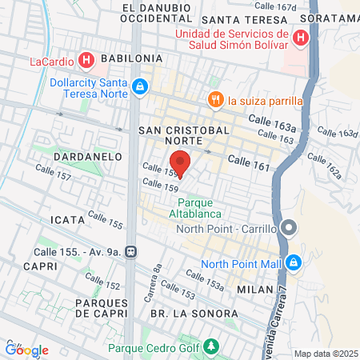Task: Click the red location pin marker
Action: tap(180, 163)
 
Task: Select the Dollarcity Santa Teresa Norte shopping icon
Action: tap(140, 86)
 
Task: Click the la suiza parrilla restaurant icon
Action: tap(214, 100)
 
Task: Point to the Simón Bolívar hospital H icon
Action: tap(300, 37)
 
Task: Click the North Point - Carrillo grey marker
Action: tap(289, 229)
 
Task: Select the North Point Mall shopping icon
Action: tap(294, 262)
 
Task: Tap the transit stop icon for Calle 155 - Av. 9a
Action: tap(137, 251)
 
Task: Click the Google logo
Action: tap(27, 350)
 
